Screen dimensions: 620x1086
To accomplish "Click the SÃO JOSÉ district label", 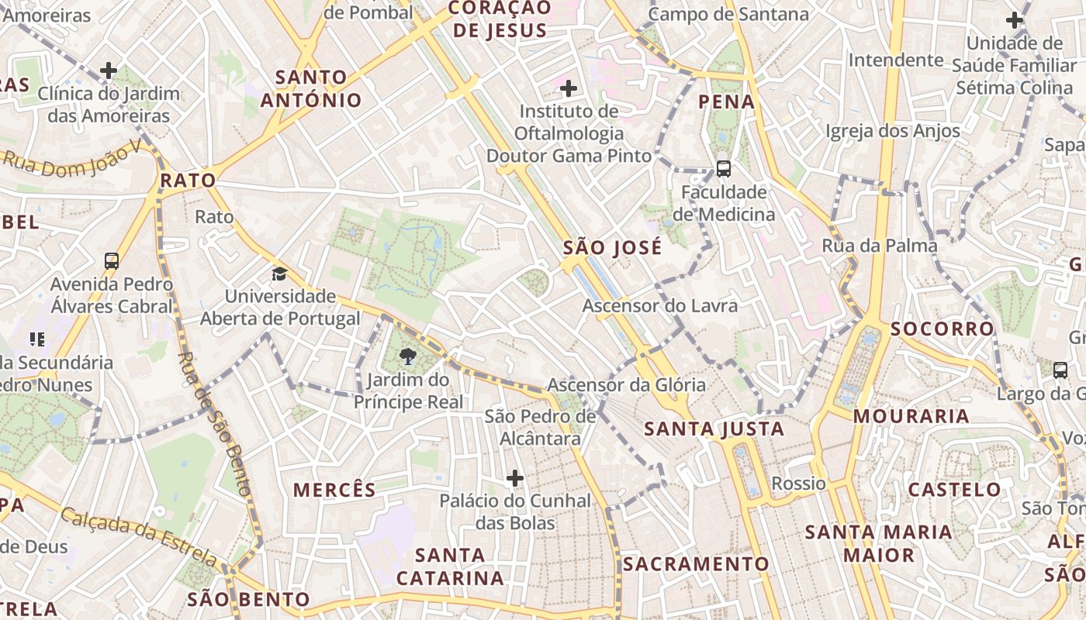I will [x=613, y=248].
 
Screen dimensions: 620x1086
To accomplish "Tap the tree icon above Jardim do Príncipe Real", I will [x=407, y=356].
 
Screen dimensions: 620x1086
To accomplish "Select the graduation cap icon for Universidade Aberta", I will [x=279, y=274].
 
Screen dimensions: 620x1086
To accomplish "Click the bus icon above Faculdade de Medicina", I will [x=724, y=168].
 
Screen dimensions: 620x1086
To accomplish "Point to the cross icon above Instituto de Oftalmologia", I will [x=569, y=88].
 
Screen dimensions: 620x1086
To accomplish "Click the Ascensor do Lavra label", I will [x=660, y=306].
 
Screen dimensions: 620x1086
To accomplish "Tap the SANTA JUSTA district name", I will [x=714, y=429].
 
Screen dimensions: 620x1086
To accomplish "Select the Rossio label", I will [x=799, y=484].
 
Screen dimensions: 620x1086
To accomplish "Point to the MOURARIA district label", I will [x=911, y=416].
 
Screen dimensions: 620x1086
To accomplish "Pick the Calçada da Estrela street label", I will [x=140, y=536].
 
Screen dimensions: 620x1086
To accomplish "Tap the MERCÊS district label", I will [x=334, y=490].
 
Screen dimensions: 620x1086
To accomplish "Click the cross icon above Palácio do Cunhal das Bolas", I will [x=515, y=478].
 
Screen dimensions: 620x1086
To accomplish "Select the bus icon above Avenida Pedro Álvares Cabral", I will [x=112, y=260].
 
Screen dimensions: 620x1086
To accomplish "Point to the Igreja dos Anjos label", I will [x=893, y=132].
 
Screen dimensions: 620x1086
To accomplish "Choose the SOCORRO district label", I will [x=942, y=329].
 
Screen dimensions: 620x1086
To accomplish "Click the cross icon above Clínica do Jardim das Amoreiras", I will [x=109, y=71].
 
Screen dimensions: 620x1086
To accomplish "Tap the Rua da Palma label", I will [x=880, y=246].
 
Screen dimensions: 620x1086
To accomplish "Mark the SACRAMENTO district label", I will [x=696, y=564].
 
